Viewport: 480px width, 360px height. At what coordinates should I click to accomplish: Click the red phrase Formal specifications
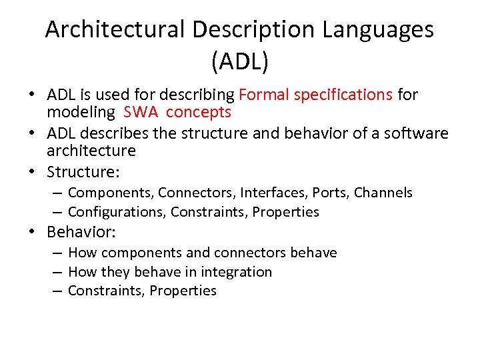tap(315, 95)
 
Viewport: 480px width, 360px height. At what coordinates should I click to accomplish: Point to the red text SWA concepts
tap(177, 112)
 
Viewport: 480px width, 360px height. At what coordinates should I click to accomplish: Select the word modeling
tap(81, 112)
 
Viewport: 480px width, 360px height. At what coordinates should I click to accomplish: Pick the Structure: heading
tap(83, 172)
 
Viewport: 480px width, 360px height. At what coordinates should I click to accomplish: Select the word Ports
tap(331, 193)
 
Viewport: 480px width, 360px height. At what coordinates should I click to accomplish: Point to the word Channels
tap(383, 193)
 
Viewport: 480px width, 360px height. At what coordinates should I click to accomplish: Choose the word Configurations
tap(117, 212)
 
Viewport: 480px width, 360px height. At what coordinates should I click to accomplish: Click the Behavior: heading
tap(81, 232)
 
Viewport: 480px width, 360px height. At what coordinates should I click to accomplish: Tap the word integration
tap(239, 272)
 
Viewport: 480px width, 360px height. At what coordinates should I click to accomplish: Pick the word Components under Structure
tap(111, 193)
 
